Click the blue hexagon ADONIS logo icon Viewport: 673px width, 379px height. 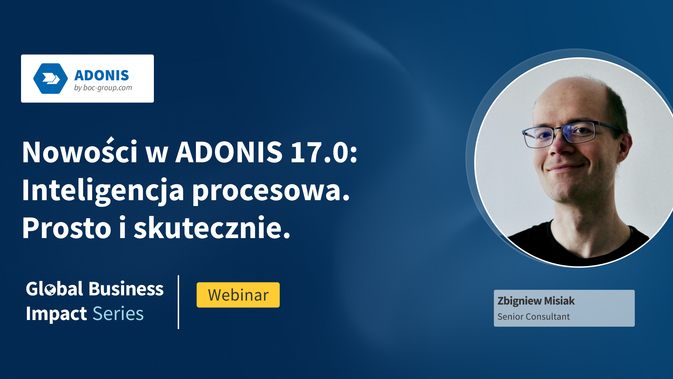50,79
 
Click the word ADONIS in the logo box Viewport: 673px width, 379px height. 102,75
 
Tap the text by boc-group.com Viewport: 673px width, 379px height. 103,88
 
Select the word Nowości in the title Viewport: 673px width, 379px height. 80,151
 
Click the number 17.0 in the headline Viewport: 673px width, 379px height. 324,152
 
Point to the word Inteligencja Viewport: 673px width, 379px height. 103,191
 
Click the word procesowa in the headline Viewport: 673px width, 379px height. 271,192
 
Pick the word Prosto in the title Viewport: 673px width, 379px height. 67,228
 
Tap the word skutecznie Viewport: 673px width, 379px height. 212,227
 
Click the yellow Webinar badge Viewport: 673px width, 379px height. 238,295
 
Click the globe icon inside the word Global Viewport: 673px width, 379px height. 50,290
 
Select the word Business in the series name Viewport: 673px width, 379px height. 126,289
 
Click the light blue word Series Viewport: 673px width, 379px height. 118,314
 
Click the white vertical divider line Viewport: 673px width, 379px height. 178,302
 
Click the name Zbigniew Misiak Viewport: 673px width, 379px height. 536,301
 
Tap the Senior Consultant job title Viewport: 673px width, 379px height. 533,317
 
